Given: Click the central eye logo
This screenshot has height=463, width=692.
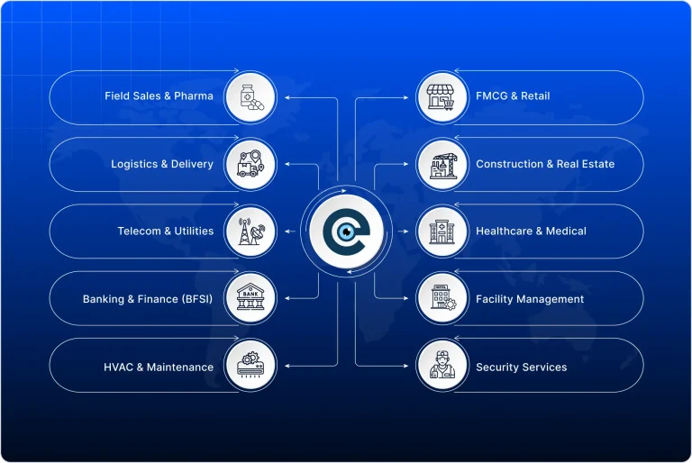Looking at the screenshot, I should (x=346, y=231).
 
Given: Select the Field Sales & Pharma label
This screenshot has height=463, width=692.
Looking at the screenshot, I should (x=159, y=95).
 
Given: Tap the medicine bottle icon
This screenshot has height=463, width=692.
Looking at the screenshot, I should (x=250, y=96).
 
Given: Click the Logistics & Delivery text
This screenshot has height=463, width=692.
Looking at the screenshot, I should (x=162, y=164).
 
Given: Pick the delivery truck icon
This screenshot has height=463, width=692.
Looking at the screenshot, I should (x=250, y=164).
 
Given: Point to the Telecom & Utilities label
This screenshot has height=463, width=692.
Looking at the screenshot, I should (x=165, y=231).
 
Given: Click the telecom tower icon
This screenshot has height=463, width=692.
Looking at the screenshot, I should (x=250, y=231).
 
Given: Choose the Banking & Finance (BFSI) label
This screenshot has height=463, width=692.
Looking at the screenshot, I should (x=148, y=299).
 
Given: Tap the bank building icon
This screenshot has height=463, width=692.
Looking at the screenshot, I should (x=250, y=299).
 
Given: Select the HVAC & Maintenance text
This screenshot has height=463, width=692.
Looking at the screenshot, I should (x=159, y=367).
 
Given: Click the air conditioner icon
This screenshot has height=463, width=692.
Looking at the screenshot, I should (x=250, y=367).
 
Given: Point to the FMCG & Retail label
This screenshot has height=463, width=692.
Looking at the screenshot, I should (x=513, y=95).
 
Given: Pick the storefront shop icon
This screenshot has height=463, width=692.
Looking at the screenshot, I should (x=442, y=96).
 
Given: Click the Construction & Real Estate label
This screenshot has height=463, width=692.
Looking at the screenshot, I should (x=545, y=164).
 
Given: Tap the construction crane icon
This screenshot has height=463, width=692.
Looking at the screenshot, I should (x=442, y=164).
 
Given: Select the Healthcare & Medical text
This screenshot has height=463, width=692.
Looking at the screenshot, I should (x=531, y=231).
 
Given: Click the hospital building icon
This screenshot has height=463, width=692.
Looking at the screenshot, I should (x=442, y=231).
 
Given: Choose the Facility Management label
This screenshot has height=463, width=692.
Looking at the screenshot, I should (x=530, y=299).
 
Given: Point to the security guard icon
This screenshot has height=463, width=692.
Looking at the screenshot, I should (x=442, y=367).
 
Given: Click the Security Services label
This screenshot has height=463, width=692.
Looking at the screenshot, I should (x=522, y=367).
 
